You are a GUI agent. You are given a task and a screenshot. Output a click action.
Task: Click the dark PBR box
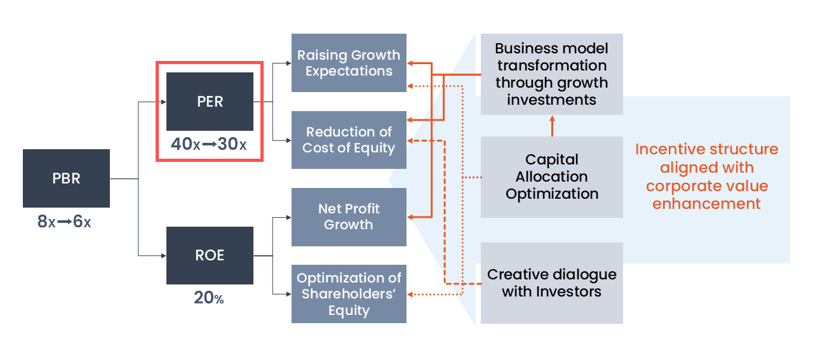coord(66,178)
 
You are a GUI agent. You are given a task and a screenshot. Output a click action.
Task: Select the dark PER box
coord(210,102)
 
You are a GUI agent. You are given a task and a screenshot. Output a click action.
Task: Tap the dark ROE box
coord(210,255)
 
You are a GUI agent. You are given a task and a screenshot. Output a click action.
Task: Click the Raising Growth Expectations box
coord(349,63)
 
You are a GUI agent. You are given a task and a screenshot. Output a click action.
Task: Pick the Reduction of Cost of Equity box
coord(349,140)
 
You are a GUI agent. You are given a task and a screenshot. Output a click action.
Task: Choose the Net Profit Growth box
coord(349,217)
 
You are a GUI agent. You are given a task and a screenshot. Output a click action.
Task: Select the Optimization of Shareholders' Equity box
coord(349,294)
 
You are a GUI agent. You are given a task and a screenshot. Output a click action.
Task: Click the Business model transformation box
coord(551,74)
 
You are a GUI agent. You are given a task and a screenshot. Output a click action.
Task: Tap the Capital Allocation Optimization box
coord(551,177)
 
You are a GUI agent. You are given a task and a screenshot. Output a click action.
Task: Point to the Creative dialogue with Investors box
coord(551,283)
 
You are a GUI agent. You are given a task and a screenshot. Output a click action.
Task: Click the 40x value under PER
coord(185,144)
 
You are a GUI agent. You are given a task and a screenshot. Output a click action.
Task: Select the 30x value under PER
coord(232,144)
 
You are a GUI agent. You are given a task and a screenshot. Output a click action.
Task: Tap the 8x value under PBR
coord(46,222)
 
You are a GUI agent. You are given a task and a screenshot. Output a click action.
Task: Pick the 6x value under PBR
coord(82,222)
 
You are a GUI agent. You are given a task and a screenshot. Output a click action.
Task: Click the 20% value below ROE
coord(209,297)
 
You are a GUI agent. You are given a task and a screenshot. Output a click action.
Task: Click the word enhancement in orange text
coord(706,204)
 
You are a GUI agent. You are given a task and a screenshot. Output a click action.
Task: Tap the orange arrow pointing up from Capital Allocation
coord(552,126)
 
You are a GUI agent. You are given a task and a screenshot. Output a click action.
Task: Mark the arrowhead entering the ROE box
coord(163,255)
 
